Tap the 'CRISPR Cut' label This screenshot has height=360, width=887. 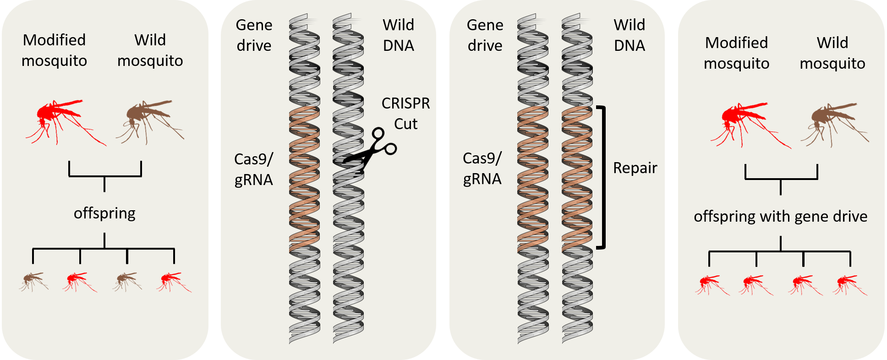coord(405,114)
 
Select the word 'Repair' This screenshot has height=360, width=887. coord(635,168)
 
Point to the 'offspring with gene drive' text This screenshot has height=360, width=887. coord(780,216)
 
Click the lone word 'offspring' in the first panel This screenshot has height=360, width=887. coord(104,213)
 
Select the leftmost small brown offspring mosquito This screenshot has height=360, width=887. coord(33,281)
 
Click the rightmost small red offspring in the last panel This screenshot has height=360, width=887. coord(849,284)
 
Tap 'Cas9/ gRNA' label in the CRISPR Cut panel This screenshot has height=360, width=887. coord(253,169)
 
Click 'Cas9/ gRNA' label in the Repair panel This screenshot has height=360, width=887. coord(482,169)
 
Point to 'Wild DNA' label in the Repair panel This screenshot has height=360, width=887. coord(629,35)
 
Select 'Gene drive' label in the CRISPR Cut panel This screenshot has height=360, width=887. coord(254,35)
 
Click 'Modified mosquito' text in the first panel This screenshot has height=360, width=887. coord(54,50)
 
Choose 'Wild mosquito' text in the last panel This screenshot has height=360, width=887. coord(832,53)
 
